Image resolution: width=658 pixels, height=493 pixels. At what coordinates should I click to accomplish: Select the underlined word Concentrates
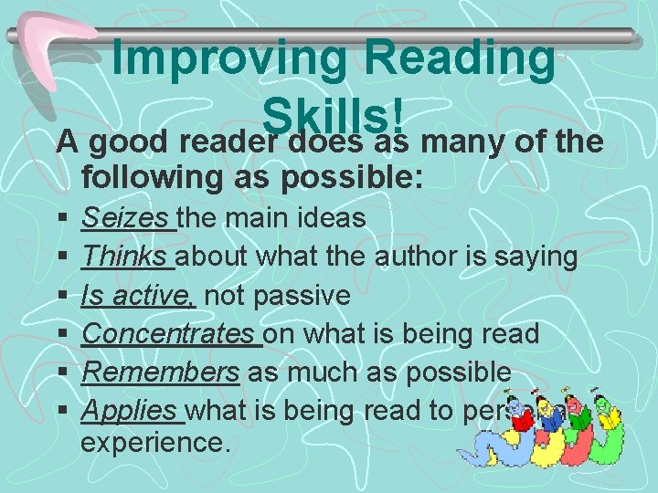(170, 334)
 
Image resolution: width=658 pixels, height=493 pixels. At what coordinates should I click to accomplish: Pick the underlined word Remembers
(160, 372)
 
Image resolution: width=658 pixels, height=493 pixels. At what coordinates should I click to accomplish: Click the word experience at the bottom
(155, 445)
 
